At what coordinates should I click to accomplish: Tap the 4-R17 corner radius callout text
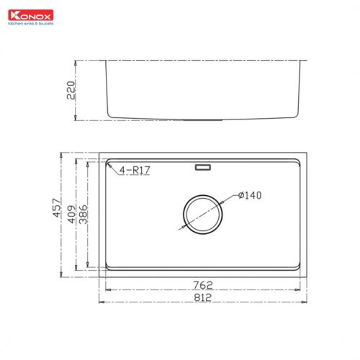click(135, 170)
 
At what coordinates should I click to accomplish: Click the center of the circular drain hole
click(202, 213)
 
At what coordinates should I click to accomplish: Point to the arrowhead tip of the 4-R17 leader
click(108, 165)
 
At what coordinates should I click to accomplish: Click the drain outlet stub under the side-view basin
click(202, 120)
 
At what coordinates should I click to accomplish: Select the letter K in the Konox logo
click(10, 14)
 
